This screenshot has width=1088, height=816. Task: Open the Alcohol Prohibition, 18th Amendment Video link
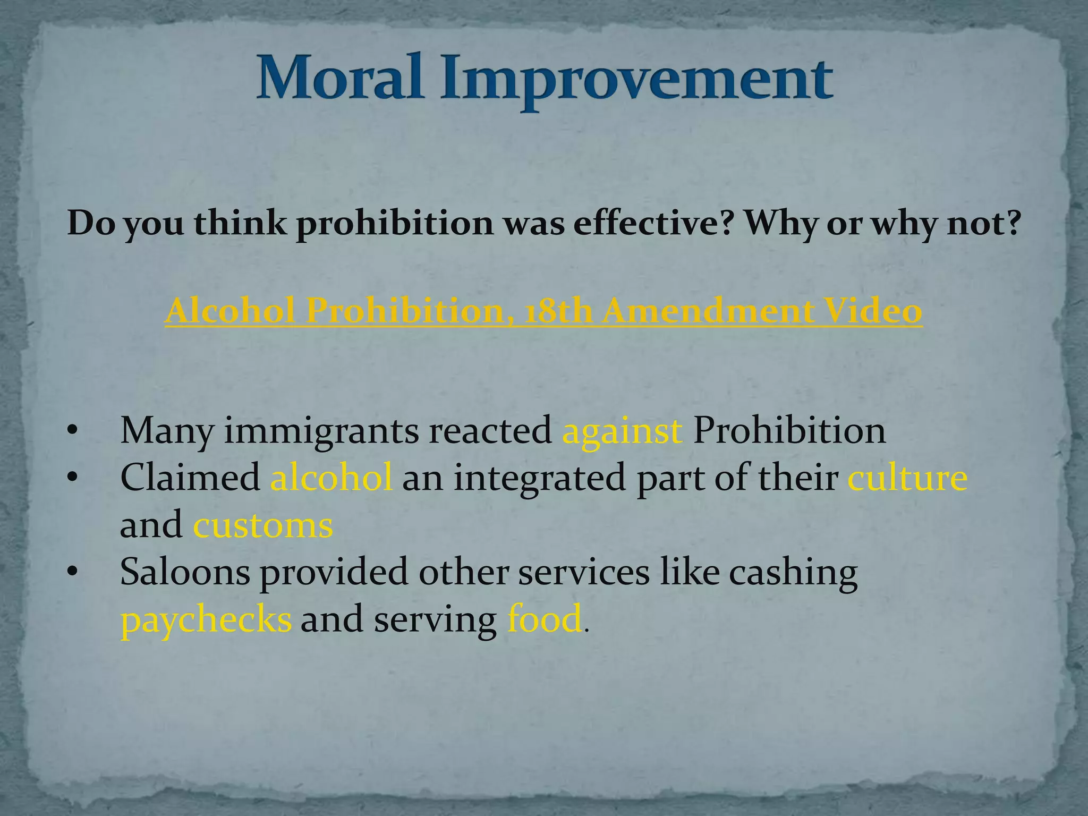coord(543,311)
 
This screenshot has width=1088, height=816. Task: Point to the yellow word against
coord(622,430)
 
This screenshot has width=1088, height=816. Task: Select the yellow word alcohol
coord(331,477)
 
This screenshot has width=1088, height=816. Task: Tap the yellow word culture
coord(907,477)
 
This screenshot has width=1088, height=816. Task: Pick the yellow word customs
coord(263,525)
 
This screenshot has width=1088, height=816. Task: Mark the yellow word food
coord(545,619)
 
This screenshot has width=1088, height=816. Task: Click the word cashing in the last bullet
coord(793,572)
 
